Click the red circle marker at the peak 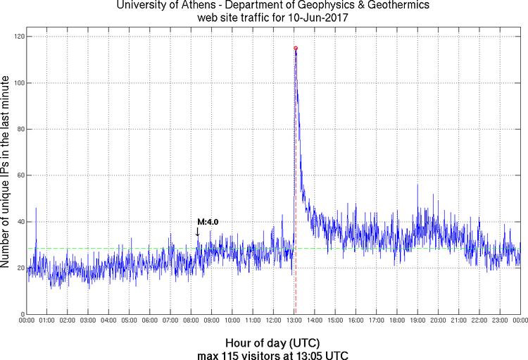coord(296,48)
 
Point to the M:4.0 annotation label coord(208,222)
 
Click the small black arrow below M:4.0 coord(197,232)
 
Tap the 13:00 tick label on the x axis coord(294,321)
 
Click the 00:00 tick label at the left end coord(27,321)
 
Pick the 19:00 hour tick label coord(417,321)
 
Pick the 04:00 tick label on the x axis coord(109,321)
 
